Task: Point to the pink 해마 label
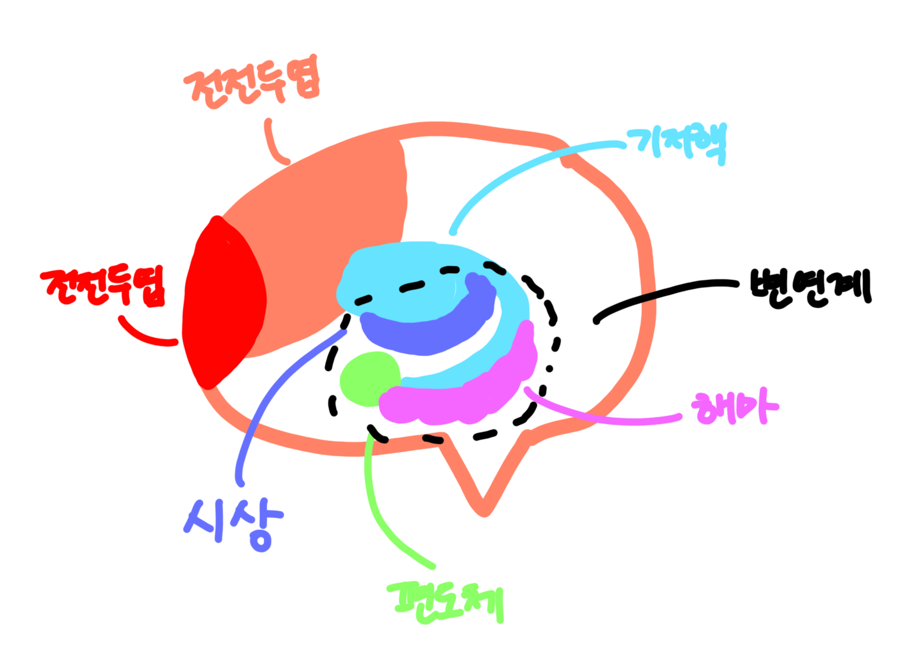pyautogui.click(x=734, y=406)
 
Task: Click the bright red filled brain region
pyautogui.click(x=224, y=304)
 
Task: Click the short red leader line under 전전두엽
pyautogui.click(x=144, y=336)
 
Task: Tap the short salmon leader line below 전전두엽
pyautogui.click(x=274, y=144)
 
